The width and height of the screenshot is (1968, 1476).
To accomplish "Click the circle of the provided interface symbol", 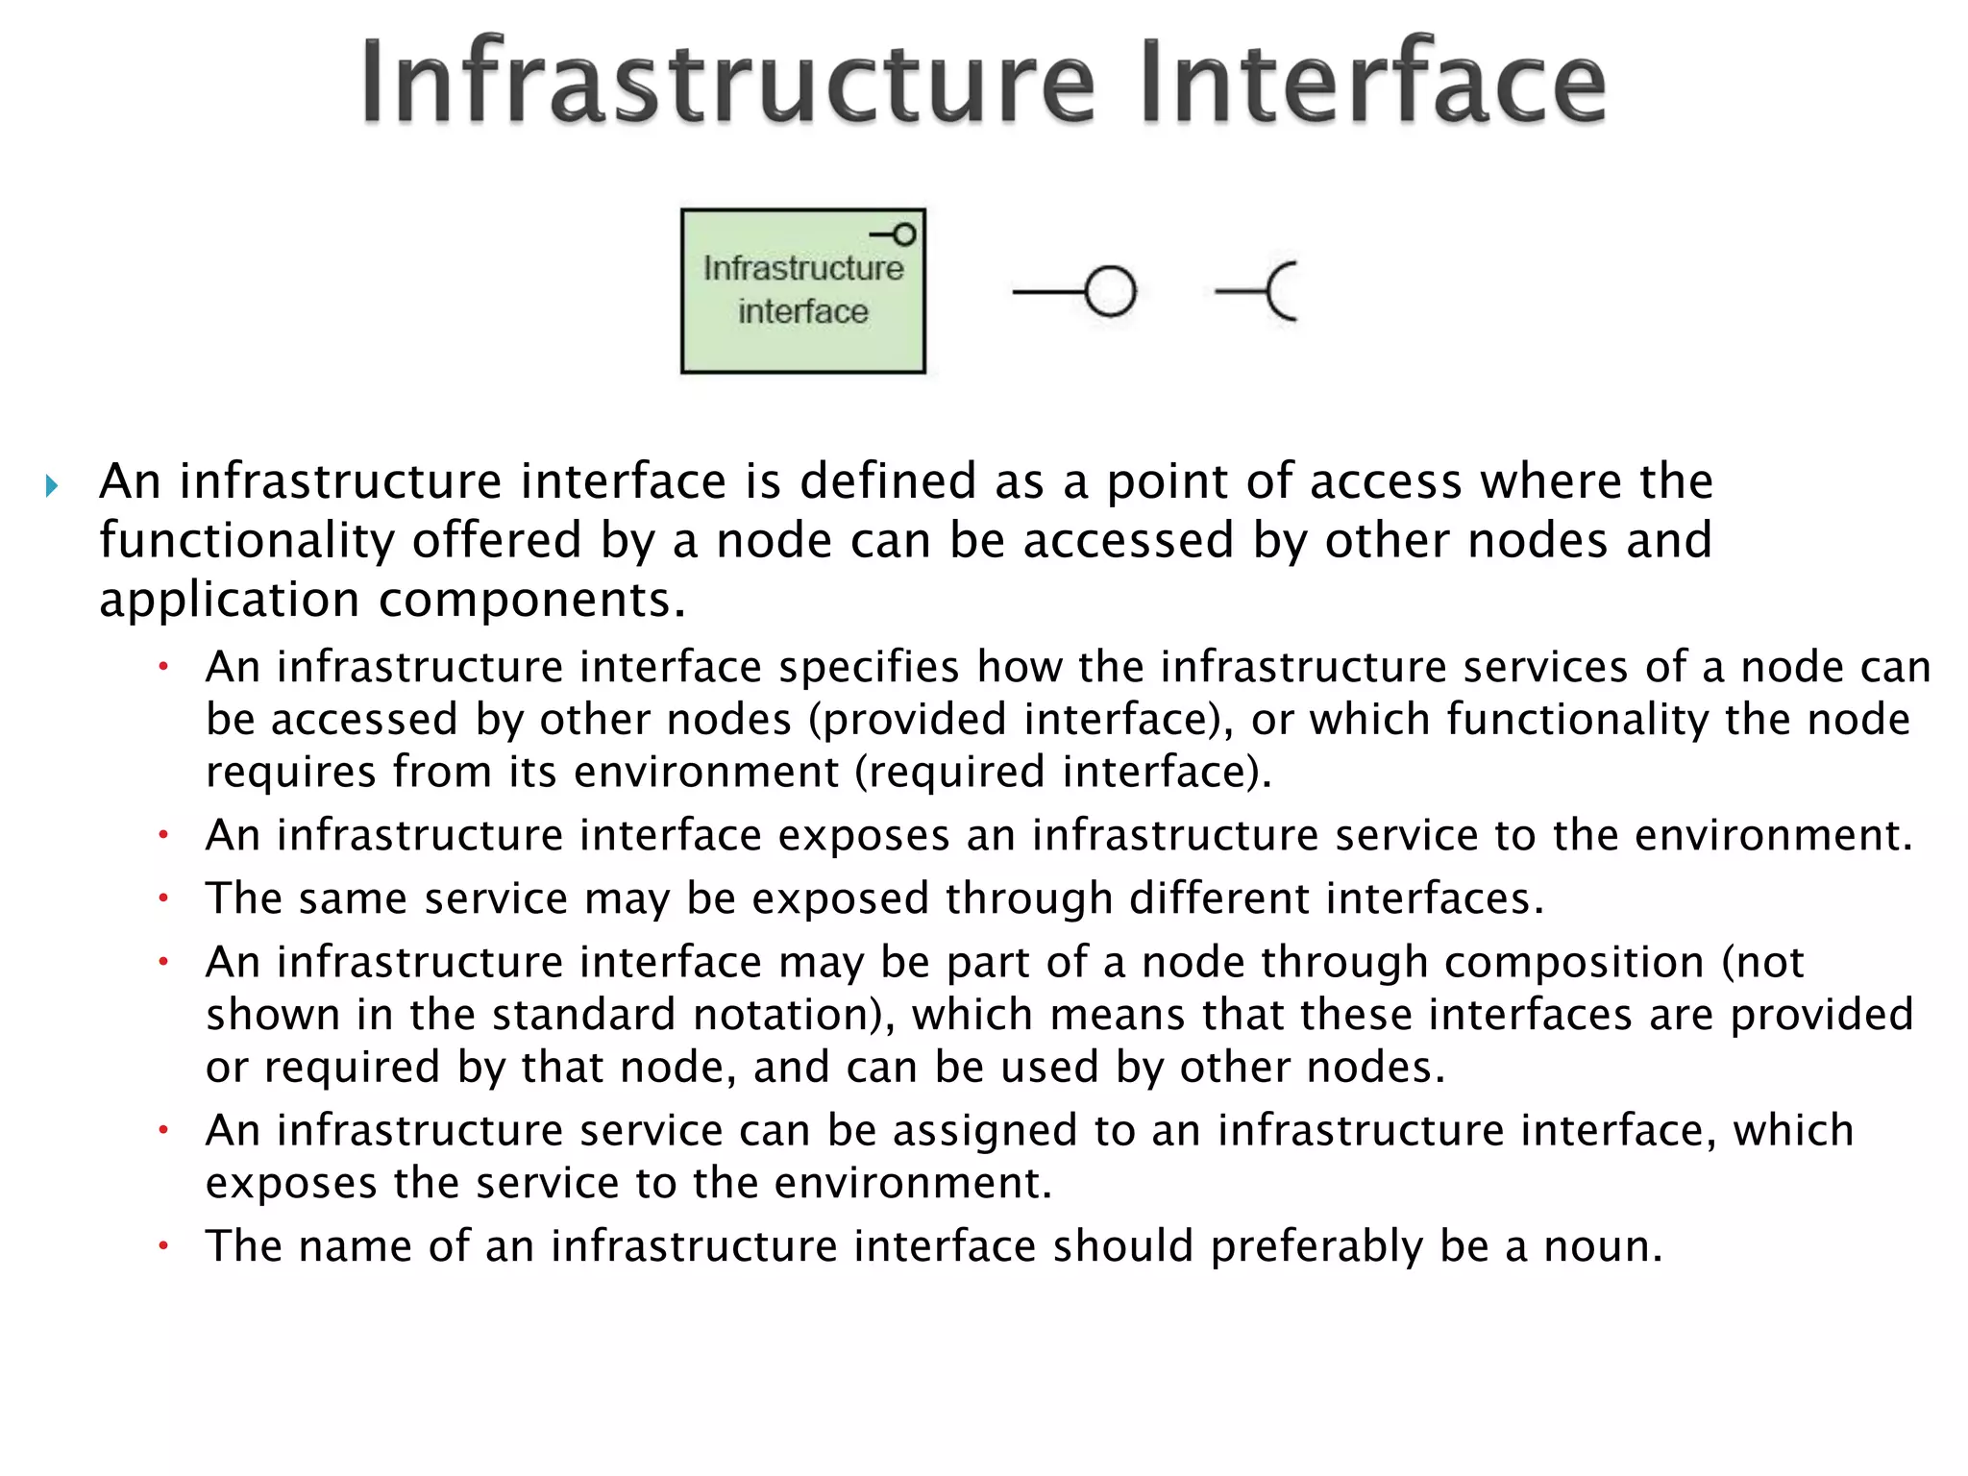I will pyautogui.click(x=1110, y=291).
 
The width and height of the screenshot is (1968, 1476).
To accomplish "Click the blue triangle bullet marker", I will pyautogui.click(x=52, y=485).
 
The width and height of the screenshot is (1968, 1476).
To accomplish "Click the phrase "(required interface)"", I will pyautogui.click(x=1063, y=772).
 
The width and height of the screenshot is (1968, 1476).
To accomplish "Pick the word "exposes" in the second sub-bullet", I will pyautogui.click(x=863, y=835).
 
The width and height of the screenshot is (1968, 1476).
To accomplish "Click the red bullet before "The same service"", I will pyautogui.click(x=164, y=898).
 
